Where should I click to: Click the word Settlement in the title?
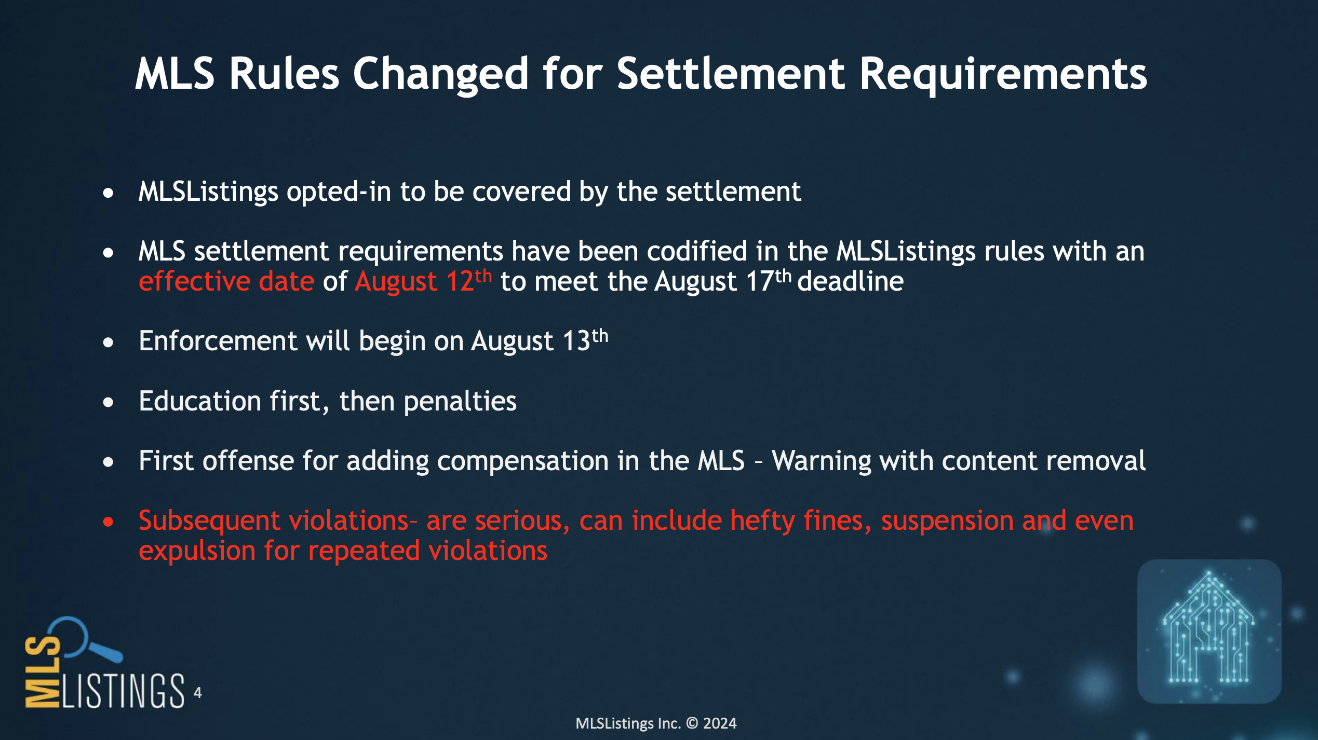[x=731, y=74]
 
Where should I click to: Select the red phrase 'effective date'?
[x=226, y=281]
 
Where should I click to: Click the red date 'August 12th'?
[x=423, y=281]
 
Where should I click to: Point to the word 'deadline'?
[x=850, y=281]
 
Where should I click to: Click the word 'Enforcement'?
[x=218, y=341]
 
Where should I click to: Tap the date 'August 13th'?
[x=540, y=341]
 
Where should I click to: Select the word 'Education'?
[x=200, y=401]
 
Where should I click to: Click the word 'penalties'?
[x=460, y=402]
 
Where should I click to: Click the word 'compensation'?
[x=478, y=461]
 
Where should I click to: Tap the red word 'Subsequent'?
[x=209, y=521]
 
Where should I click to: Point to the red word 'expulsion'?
[x=197, y=551]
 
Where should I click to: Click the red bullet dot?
[x=108, y=522]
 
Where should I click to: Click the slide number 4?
[x=198, y=693]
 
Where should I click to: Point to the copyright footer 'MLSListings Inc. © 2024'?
[x=656, y=723]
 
